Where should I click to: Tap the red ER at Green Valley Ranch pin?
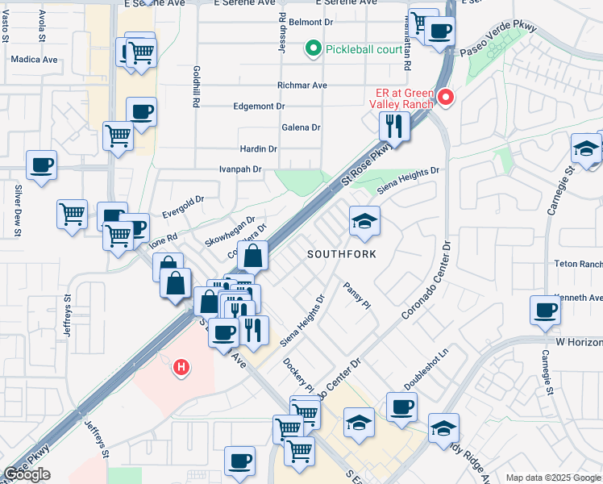click(x=445, y=98)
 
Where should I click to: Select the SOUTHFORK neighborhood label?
click(x=341, y=254)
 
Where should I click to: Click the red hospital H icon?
click(x=182, y=368)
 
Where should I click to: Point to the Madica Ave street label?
click(x=35, y=60)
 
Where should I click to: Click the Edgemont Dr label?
click(x=259, y=106)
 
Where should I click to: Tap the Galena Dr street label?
click(x=301, y=127)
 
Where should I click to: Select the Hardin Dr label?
click(x=258, y=149)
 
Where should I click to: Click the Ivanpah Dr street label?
click(x=241, y=169)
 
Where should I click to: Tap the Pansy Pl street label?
click(x=356, y=295)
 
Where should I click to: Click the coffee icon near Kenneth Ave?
click(x=546, y=310)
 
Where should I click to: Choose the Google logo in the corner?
click(x=27, y=474)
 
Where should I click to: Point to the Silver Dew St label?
click(x=17, y=211)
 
